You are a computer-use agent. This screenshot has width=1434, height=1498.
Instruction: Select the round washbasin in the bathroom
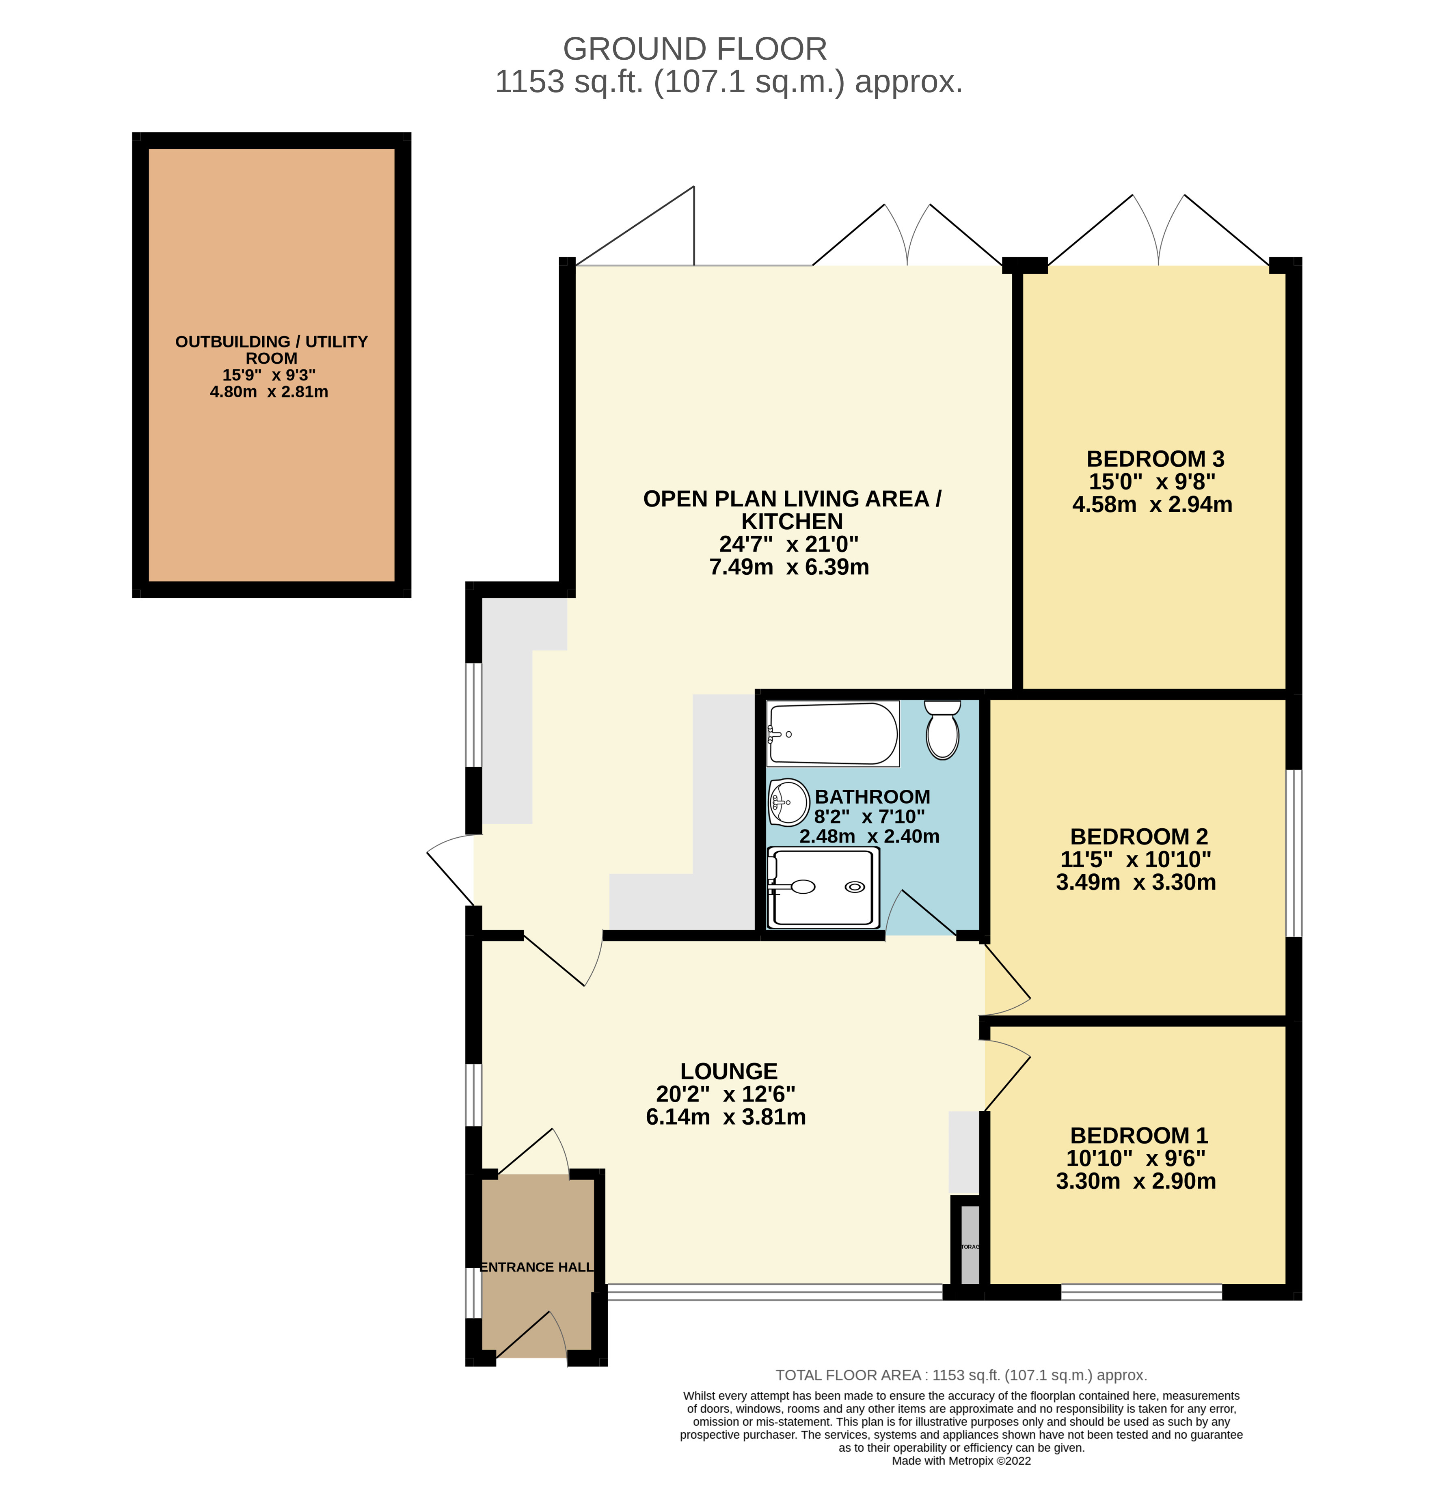coord(789,802)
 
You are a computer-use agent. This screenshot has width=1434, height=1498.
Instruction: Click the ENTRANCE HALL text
coord(537,1267)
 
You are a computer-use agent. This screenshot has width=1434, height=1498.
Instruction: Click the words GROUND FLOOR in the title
coord(694,49)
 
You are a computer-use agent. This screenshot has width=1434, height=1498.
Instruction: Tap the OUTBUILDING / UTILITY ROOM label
coord(271,349)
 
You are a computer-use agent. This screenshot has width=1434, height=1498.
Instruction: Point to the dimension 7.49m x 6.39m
coord(789,567)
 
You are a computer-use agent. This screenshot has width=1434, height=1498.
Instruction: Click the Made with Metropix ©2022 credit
coord(961,1461)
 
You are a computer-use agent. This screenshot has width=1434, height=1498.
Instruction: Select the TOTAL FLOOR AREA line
coord(961,1375)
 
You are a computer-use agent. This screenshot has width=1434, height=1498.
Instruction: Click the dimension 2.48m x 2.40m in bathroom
coord(869,836)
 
